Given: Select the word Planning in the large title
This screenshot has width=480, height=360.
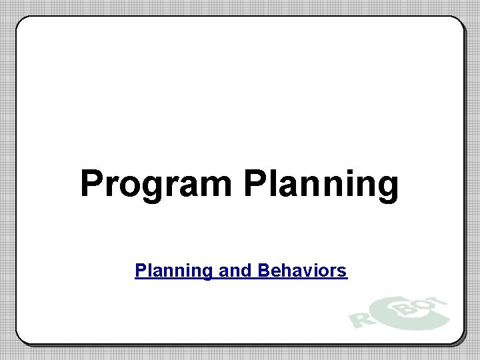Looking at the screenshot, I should coord(321,185).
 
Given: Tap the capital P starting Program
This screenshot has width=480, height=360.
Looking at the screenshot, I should coord(91,183).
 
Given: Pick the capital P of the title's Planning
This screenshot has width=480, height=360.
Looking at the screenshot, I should coord(255,183).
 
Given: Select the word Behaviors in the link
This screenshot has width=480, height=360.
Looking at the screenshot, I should coord(302,271).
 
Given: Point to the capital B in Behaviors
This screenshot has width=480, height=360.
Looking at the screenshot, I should coord(263,271).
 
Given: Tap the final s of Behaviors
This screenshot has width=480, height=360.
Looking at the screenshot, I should coord(343,272).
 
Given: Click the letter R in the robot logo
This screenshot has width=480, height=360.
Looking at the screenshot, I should coord(360,319).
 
